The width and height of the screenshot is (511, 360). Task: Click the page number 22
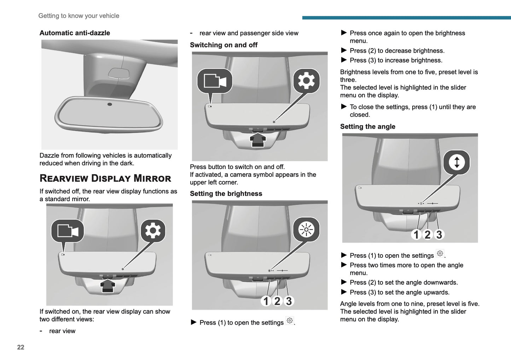21,347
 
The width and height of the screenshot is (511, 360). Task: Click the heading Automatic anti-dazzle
75,33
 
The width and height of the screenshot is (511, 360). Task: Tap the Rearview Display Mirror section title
105,178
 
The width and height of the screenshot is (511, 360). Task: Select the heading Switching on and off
223,45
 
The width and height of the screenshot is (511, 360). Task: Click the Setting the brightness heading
226,194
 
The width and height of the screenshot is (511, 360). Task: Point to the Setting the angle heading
367,127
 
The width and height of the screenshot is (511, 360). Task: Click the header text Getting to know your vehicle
79,16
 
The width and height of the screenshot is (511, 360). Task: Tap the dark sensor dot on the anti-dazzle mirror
110,104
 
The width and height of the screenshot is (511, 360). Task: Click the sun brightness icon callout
306,230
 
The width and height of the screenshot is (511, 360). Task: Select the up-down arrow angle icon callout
457,162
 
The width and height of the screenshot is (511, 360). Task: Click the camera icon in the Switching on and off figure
215,81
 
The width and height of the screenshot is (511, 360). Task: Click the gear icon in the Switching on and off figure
306,81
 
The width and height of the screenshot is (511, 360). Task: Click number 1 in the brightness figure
266,301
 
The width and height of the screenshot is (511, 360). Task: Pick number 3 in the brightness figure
289,301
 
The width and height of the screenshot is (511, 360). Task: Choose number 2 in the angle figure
428,234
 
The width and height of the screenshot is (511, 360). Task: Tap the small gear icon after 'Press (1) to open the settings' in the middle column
290,321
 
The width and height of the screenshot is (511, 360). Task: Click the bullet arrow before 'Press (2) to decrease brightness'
344,51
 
